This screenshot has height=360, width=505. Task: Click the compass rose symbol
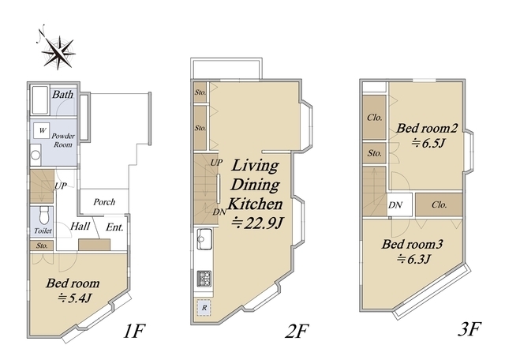coord(58,51)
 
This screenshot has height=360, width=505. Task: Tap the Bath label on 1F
coord(63,95)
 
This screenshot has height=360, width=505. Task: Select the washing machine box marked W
coord(42,130)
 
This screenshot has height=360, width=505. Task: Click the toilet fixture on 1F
coord(43,215)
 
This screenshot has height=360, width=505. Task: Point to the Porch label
coord(104,202)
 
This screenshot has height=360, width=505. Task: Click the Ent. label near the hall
coord(114,227)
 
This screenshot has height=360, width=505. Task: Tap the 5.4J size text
coord(75,298)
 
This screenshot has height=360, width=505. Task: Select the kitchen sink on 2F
coord(204,239)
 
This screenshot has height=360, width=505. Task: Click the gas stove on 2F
coord(204,279)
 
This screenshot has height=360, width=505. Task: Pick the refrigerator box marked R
coord(204,307)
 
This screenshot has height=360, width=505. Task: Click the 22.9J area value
coord(258,223)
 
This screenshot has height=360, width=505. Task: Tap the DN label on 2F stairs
coord(219,212)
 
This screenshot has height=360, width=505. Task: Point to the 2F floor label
coord(297,331)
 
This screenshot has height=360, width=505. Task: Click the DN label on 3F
coord(395,204)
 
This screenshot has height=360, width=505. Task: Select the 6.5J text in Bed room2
coord(428,142)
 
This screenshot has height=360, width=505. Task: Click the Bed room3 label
coord(413,244)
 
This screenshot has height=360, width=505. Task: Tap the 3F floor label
coord(469,329)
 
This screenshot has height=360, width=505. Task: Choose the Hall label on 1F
coord(80,226)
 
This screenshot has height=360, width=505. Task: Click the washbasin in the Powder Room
coord(36,155)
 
